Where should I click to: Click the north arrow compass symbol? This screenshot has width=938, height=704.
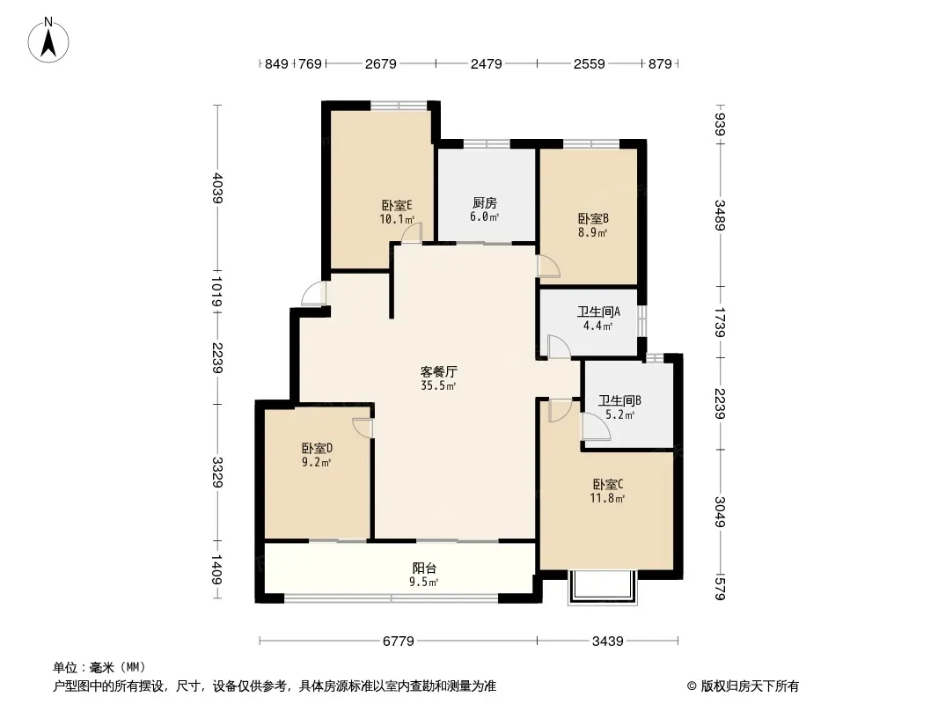click(x=48, y=40)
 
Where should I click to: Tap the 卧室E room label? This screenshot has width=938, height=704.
click(x=397, y=206)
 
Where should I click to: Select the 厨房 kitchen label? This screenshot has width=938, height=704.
click(x=485, y=203)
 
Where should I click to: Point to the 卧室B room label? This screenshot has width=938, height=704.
click(x=593, y=219)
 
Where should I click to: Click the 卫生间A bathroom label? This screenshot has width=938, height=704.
click(x=598, y=312)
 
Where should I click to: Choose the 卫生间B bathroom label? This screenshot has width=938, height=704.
click(x=619, y=400)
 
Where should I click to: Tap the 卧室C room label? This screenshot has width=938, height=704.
click(x=608, y=484)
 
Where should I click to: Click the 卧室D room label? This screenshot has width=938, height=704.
click(x=317, y=448)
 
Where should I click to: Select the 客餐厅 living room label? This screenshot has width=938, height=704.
click(x=438, y=371)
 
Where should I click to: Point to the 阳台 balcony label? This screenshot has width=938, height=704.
click(x=424, y=568)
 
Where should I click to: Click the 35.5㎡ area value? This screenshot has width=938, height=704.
click(x=438, y=385)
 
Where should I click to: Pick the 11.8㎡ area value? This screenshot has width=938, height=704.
click(x=608, y=498)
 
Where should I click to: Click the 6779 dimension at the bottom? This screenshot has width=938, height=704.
click(x=399, y=642)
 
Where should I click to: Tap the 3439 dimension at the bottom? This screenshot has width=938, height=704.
click(x=608, y=642)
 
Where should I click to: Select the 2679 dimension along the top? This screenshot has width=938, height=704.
click(x=381, y=63)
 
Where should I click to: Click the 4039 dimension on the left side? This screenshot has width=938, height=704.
click(x=216, y=187)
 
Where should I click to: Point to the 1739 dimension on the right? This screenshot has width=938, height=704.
click(x=720, y=322)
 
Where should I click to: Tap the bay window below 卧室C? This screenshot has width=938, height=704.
click(x=603, y=587)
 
